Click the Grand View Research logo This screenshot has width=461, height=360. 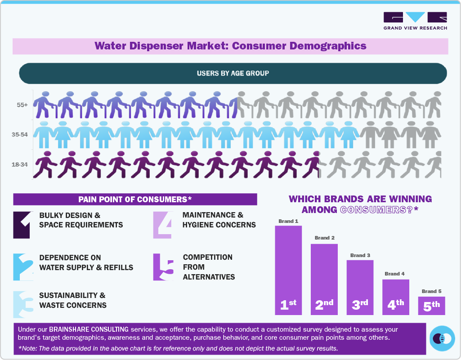point(415,21)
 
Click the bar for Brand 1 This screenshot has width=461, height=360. point(288,270)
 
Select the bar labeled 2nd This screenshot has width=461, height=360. point(324,279)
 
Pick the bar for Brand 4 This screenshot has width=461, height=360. point(396,297)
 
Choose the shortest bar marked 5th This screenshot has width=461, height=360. point(431,305)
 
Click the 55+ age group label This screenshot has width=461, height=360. point(22,105)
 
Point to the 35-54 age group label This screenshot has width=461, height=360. point(21,134)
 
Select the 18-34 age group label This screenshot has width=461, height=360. point(20,164)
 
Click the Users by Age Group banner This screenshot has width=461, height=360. point(233,73)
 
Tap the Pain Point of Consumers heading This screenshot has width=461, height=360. point(135,199)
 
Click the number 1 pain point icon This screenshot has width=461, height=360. point(22,224)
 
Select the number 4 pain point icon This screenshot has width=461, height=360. point(162,224)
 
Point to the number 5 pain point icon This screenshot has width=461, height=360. point(163,267)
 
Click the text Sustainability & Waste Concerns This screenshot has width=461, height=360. point(72,300)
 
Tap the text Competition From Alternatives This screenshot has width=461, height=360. point(209,267)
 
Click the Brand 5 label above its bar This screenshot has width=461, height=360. point(431,291)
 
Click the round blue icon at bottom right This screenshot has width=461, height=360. point(442,338)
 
